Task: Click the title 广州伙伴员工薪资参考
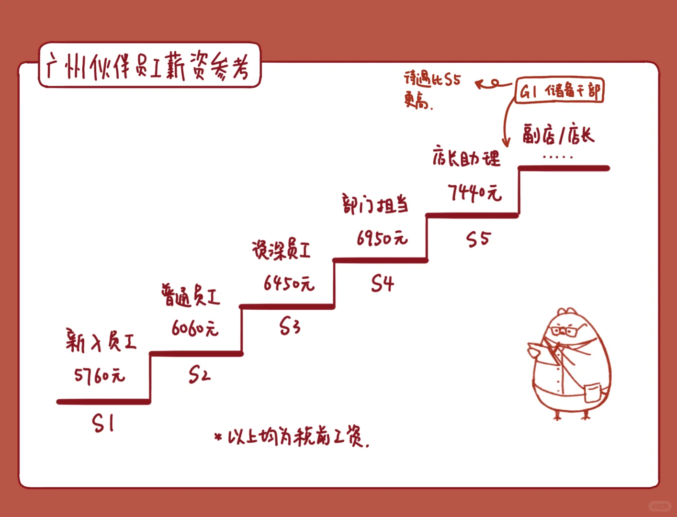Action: click(149, 66)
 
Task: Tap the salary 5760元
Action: click(100, 376)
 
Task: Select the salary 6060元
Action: click(195, 328)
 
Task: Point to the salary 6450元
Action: click(289, 283)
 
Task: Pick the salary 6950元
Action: click(382, 238)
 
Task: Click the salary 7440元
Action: click(474, 192)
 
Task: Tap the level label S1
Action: click(103, 423)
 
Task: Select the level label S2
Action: click(199, 374)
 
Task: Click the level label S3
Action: click(290, 327)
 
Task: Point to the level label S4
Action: click(382, 283)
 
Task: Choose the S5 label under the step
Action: click(478, 239)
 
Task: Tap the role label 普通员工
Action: click(191, 295)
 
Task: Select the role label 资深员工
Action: click(282, 250)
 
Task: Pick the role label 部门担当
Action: click(375, 205)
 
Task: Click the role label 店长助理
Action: click(466, 157)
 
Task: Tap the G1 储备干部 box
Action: click(559, 90)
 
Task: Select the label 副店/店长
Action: click(558, 135)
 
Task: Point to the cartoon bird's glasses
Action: click(568, 330)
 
